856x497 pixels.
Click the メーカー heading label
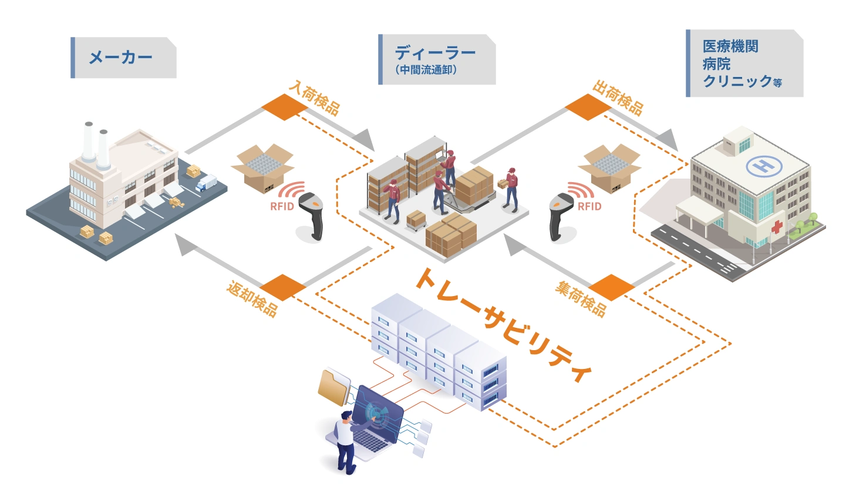[x=120, y=58]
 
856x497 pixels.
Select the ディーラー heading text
[x=435, y=53]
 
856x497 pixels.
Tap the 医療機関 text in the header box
[x=730, y=46]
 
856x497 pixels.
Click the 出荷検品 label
[x=618, y=97]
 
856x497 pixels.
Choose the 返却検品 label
[x=252, y=299]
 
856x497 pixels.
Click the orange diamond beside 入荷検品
[x=284, y=106]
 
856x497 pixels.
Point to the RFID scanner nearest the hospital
[x=560, y=215]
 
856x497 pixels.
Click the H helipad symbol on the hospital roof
[x=764, y=166]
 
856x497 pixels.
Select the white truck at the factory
[x=206, y=183]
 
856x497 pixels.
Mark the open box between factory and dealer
[x=262, y=167]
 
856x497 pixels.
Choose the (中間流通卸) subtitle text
[x=426, y=70]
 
